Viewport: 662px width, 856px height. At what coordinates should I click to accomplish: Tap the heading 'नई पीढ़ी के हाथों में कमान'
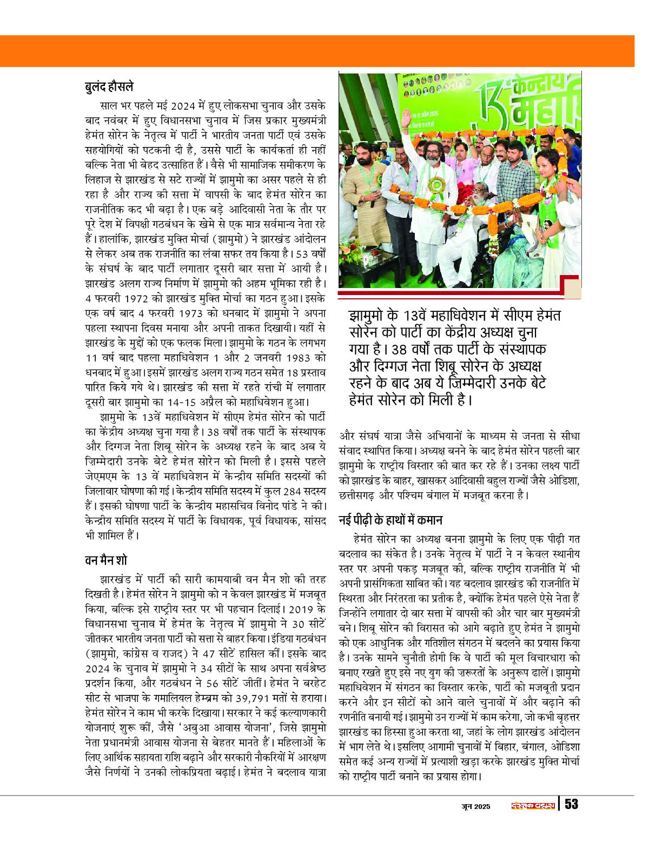[x=391, y=521]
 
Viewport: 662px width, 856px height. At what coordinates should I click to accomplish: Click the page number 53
[x=571, y=805]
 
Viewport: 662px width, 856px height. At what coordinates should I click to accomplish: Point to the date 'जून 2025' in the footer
[x=475, y=806]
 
